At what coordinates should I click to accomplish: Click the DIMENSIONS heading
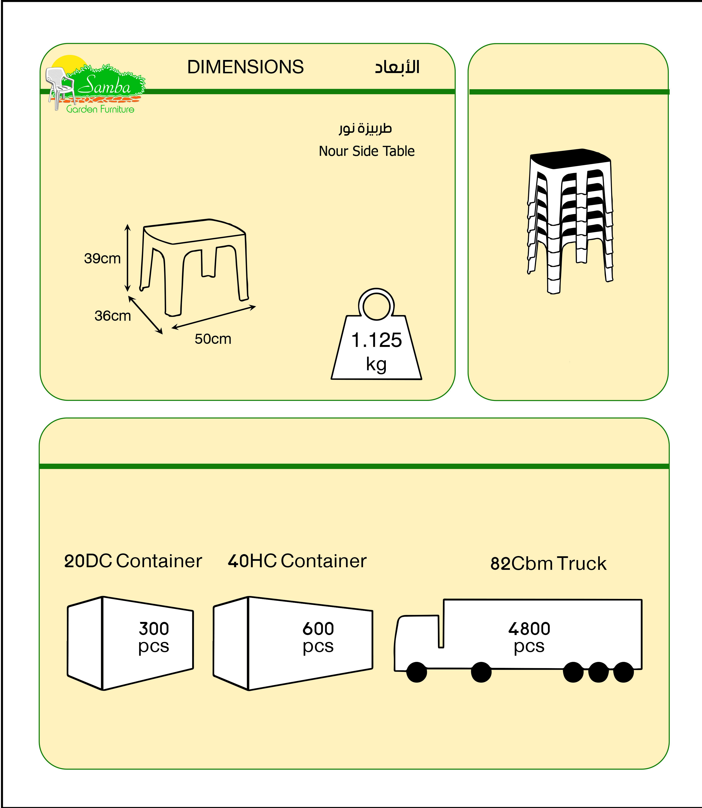pos(245,67)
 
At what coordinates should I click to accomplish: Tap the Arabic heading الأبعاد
pos(397,67)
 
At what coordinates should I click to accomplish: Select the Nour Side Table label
pos(366,151)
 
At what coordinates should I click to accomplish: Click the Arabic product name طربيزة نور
pos(365,128)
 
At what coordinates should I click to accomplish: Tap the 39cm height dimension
pos(102,258)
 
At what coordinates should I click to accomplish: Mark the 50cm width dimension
pos(213,339)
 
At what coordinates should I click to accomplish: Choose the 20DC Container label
pos(133,561)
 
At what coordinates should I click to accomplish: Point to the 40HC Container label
pos(297,561)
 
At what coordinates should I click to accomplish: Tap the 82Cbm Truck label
pos(548,564)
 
